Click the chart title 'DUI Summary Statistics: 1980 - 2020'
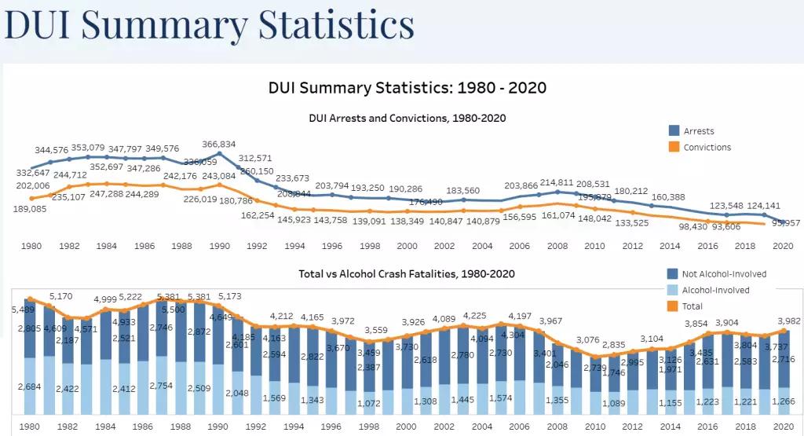click(x=407, y=87)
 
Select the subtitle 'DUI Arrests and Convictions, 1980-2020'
click(x=407, y=118)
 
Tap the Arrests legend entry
click(x=698, y=131)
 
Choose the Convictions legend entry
click(x=706, y=147)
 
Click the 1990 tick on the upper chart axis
click(x=219, y=246)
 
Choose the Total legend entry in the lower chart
click(x=692, y=306)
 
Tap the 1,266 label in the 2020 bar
click(x=782, y=401)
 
